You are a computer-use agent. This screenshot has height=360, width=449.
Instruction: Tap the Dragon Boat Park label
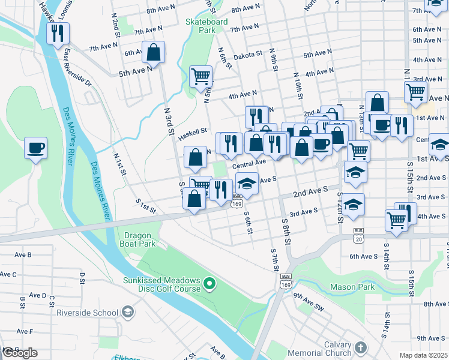click(x=140, y=239)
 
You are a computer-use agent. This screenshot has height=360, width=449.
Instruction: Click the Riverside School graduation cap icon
click(x=127, y=311)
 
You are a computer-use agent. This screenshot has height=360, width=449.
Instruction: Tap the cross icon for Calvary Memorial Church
click(x=360, y=347)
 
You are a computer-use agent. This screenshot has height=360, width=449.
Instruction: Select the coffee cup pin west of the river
click(x=35, y=148)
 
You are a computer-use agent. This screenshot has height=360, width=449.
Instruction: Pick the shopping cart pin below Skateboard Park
click(x=200, y=76)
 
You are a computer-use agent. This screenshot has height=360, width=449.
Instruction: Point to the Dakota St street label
click(x=249, y=53)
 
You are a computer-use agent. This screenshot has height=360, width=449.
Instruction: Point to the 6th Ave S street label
click(x=363, y=256)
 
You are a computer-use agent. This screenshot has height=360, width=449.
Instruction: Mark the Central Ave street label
click(x=249, y=163)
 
